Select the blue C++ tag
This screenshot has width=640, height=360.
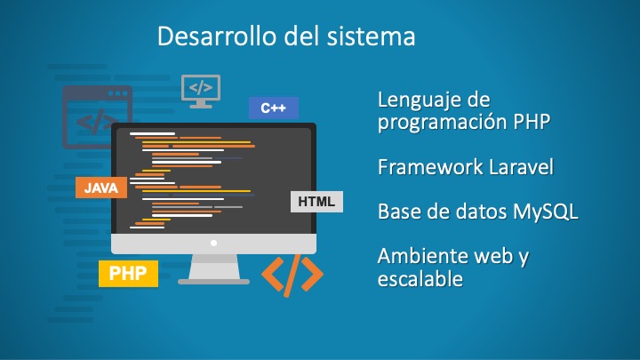[x=274, y=108]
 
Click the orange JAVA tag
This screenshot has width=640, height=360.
[x=101, y=188]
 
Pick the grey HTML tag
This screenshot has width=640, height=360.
[x=316, y=202]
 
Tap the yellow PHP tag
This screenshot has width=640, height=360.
[x=128, y=274]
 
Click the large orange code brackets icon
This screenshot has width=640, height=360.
[x=292, y=276]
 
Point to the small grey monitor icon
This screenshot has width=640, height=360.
[x=201, y=91]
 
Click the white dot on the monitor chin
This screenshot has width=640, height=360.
[x=213, y=244]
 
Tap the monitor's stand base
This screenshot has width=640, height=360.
[x=213, y=282]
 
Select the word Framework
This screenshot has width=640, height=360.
[x=430, y=167]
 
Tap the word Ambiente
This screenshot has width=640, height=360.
[x=422, y=256]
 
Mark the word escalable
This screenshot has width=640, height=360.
[x=420, y=279]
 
